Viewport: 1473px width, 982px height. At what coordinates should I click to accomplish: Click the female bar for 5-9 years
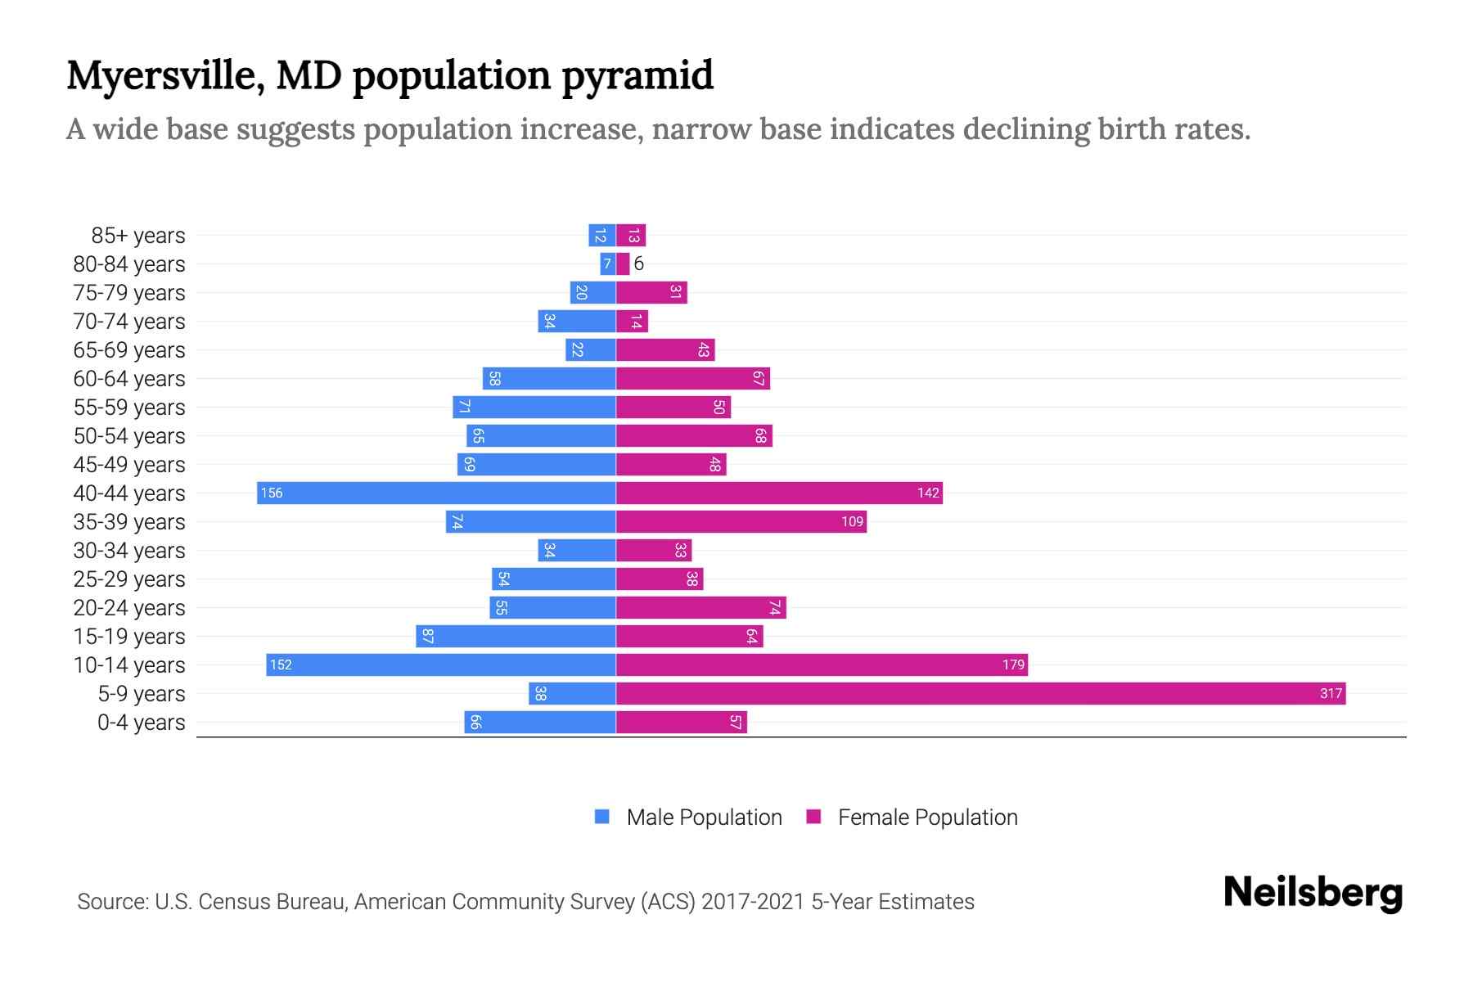[980, 694]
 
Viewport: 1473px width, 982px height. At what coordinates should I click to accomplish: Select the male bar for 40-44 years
[436, 493]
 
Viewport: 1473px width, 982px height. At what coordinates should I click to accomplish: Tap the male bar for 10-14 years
[440, 665]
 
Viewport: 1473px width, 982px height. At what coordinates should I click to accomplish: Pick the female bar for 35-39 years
[741, 522]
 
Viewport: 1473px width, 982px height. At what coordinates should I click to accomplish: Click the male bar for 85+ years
[602, 236]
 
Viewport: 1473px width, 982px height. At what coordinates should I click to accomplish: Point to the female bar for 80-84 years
[623, 264]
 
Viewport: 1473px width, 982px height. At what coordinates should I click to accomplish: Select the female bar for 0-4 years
[681, 723]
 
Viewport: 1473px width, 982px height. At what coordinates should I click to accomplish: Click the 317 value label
[1331, 694]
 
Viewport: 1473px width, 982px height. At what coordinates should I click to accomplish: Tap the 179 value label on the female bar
[1013, 665]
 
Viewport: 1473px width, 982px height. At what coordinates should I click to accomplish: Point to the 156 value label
[272, 493]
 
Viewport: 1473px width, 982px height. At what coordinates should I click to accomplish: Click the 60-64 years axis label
[129, 379]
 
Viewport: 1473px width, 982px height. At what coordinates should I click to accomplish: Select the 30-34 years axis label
[129, 551]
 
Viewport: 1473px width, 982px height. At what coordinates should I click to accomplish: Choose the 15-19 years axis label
[129, 637]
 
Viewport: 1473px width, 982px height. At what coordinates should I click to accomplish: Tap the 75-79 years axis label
[129, 293]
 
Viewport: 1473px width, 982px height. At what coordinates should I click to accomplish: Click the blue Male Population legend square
[602, 817]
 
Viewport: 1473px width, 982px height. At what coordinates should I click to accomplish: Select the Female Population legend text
[927, 818]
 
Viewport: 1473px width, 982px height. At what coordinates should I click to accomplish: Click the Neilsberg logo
[1313, 893]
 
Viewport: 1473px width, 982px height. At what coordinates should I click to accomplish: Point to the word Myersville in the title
[164, 76]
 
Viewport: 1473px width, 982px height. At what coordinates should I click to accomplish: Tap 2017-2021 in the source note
[753, 902]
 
